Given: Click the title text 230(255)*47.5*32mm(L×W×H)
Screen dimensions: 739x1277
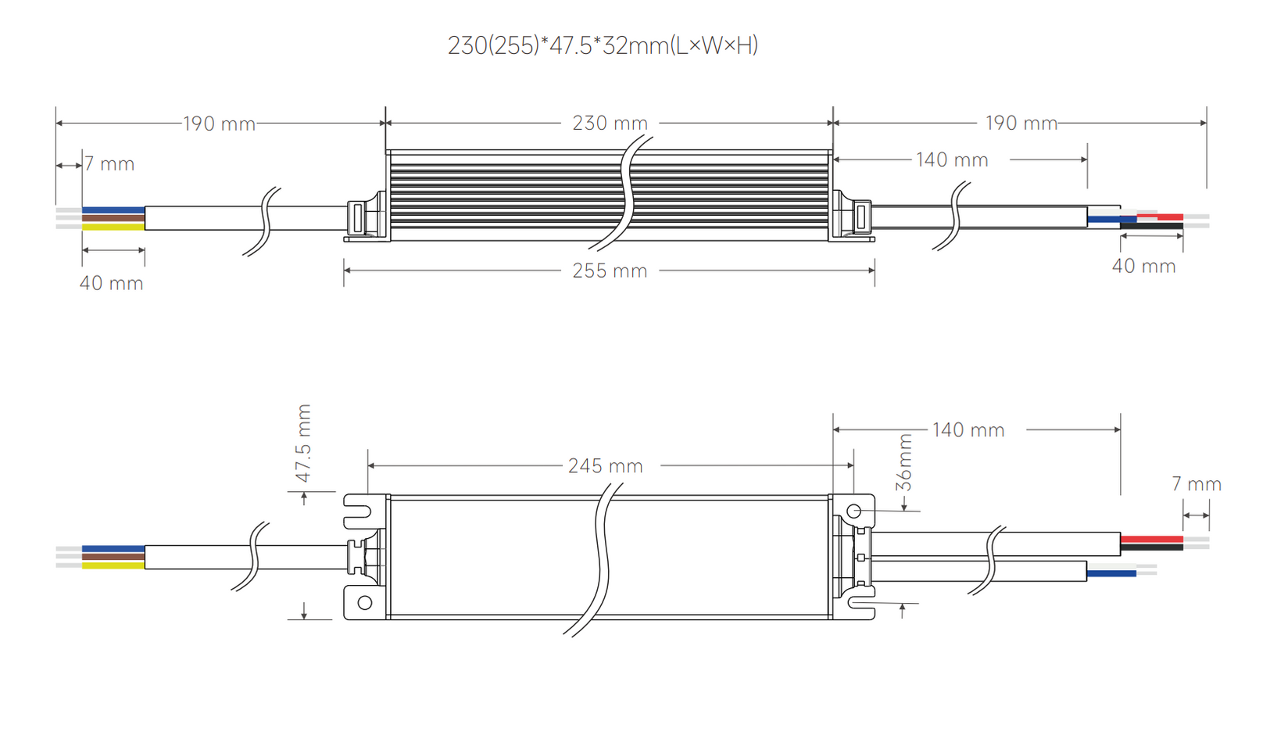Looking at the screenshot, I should pyautogui.click(x=603, y=45).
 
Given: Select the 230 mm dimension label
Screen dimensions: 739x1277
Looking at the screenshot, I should pyautogui.click(x=610, y=123).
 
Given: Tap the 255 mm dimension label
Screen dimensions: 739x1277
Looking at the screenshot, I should pyautogui.click(x=610, y=271).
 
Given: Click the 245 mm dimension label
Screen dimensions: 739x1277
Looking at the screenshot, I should pyautogui.click(x=605, y=466).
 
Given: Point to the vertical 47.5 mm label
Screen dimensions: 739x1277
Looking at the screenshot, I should pyautogui.click(x=303, y=443).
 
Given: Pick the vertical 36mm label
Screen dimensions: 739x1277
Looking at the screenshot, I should pyautogui.click(x=904, y=462).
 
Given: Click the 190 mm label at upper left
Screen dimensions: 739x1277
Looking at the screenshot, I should pyautogui.click(x=219, y=124).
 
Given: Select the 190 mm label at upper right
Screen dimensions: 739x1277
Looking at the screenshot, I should pyautogui.click(x=1021, y=123).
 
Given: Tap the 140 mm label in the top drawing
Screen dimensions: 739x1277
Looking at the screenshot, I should pyautogui.click(x=952, y=160).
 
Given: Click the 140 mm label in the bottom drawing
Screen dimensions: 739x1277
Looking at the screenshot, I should pyautogui.click(x=968, y=430).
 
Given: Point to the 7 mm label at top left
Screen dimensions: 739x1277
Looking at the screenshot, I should pyautogui.click(x=109, y=164).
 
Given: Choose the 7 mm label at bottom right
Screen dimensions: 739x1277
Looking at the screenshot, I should pyautogui.click(x=1196, y=484).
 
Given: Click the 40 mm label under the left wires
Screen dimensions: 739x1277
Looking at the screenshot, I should pyautogui.click(x=112, y=283).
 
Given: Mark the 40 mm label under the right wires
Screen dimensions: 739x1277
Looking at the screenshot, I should pyautogui.click(x=1143, y=266).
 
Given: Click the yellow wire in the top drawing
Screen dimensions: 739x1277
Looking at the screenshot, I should pyautogui.click(x=113, y=227).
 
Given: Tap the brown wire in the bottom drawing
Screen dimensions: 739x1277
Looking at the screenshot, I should pyautogui.click(x=113, y=557).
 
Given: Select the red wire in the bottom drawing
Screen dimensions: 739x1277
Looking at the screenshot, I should pyautogui.click(x=1151, y=539).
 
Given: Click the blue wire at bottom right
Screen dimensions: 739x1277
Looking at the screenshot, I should pyautogui.click(x=1111, y=573).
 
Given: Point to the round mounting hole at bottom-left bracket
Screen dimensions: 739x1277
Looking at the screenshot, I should pyautogui.click(x=364, y=603).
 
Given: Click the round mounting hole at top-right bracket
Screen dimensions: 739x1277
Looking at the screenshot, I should pyautogui.click(x=854, y=511).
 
